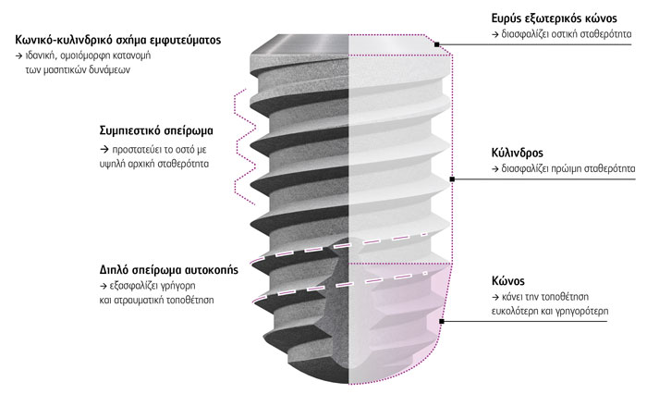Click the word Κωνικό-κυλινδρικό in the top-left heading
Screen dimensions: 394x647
click(65, 40)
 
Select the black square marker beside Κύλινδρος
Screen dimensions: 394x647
click(451, 179)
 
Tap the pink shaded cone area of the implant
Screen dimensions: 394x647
click(397, 314)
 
